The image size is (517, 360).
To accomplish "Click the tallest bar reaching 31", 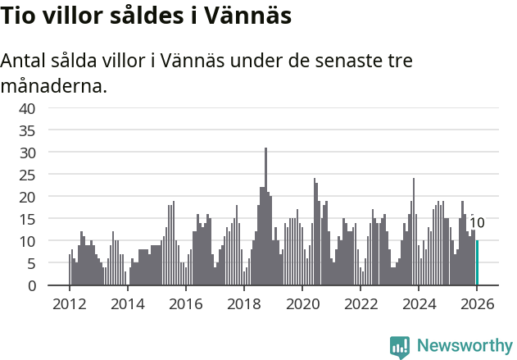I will [x=265, y=216].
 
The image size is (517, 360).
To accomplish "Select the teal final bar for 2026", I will [x=478, y=262].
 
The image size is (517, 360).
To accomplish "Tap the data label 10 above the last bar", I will [x=477, y=223].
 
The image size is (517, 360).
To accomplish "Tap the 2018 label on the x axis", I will [x=244, y=303].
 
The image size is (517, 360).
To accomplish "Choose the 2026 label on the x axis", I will [x=477, y=303].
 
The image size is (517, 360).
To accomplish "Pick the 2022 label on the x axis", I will [x=361, y=303].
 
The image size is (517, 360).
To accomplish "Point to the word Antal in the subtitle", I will [x=25, y=62].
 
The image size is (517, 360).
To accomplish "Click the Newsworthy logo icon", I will [x=400, y=346].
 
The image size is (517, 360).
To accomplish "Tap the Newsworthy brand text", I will [x=464, y=346].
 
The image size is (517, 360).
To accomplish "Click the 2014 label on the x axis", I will [x=127, y=303].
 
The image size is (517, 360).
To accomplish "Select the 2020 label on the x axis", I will [x=302, y=303].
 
